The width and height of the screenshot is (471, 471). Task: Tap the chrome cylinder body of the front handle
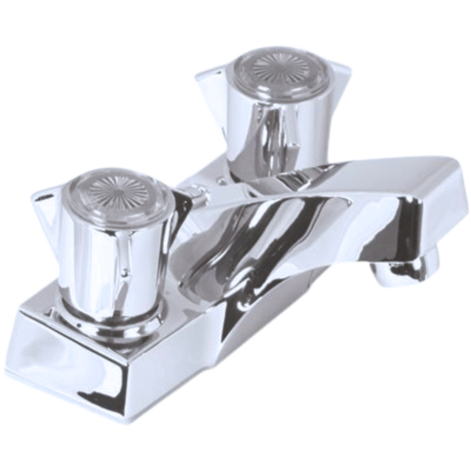[x=112, y=259]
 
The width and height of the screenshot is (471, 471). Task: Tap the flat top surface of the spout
[x=353, y=171]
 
